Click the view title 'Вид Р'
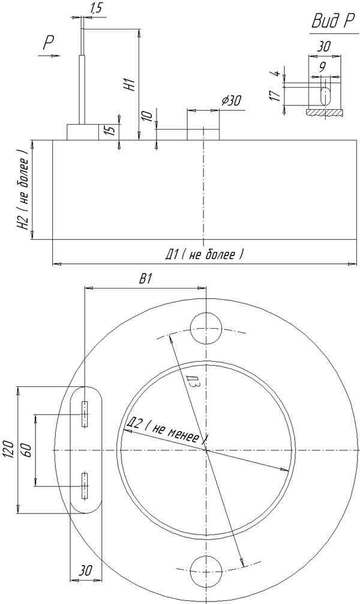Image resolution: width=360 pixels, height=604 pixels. pos(332,22)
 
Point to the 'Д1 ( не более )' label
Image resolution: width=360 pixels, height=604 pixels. pos(205,254)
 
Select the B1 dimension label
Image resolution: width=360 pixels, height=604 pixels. pos(145,280)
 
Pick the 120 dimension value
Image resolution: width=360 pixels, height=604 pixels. pos(10,449)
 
